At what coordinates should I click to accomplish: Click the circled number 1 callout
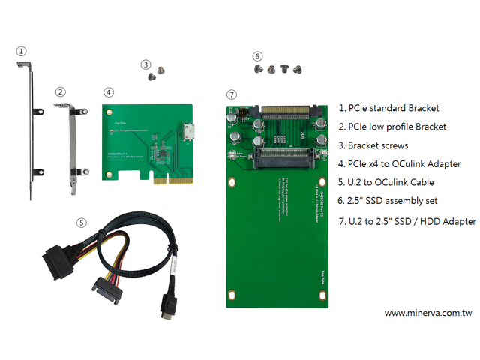click(22, 51)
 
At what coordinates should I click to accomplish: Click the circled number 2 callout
click(61, 91)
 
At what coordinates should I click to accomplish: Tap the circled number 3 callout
click(145, 64)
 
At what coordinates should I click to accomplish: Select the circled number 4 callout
click(109, 92)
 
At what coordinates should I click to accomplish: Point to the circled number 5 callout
click(82, 223)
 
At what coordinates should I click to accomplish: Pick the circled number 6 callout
click(257, 55)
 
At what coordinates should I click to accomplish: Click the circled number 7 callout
click(231, 94)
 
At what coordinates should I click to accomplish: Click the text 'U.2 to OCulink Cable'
click(386, 182)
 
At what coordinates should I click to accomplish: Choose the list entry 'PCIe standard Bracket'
click(389, 108)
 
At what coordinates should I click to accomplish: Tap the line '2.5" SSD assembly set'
click(386, 201)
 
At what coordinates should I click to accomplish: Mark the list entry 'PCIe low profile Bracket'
click(393, 127)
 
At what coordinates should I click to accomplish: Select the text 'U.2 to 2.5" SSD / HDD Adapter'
click(407, 220)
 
